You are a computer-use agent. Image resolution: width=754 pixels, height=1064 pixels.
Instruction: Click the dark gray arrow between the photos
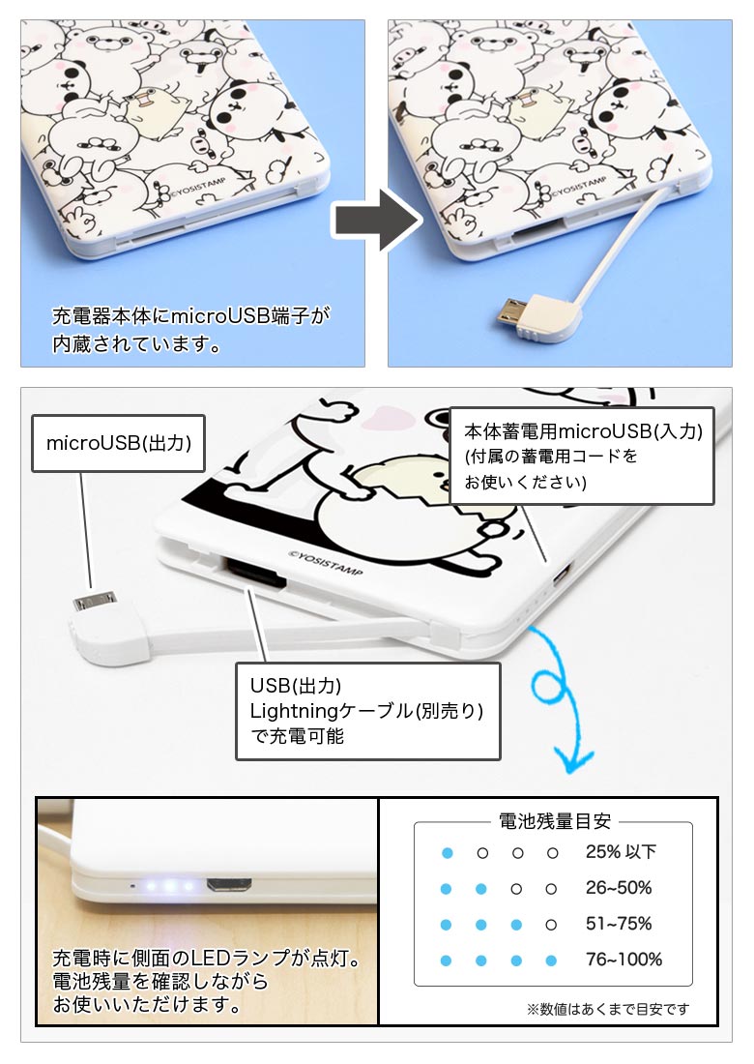(377, 220)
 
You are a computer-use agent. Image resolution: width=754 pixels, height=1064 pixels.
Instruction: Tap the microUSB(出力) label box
(118, 443)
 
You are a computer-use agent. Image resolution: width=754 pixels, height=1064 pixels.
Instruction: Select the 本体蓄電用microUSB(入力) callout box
(582, 456)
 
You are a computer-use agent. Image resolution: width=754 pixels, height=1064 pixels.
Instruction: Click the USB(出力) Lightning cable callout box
(367, 711)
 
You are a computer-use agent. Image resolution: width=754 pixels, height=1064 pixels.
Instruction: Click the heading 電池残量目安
(555, 821)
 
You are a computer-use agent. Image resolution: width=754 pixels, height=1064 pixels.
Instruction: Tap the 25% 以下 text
(621, 851)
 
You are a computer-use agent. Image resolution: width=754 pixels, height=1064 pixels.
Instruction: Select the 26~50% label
(619, 888)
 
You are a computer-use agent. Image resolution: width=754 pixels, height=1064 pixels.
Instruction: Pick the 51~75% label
(619, 924)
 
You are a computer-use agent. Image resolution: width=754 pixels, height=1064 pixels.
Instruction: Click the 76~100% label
(623, 960)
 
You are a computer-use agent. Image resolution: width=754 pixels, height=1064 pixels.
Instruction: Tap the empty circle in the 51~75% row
(551, 925)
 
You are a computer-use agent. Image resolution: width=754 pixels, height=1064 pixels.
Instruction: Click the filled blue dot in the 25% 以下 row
(447, 853)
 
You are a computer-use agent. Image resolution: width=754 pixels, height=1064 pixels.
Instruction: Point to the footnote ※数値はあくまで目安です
(607, 1009)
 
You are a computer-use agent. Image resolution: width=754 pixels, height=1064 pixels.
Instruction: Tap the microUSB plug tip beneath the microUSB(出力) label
(96, 602)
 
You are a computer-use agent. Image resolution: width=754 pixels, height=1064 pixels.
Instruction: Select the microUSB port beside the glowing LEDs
(229, 885)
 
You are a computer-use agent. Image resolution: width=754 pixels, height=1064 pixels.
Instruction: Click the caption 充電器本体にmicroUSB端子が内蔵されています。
(190, 330)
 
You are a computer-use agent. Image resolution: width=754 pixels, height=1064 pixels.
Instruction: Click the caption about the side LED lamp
(206, 980)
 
